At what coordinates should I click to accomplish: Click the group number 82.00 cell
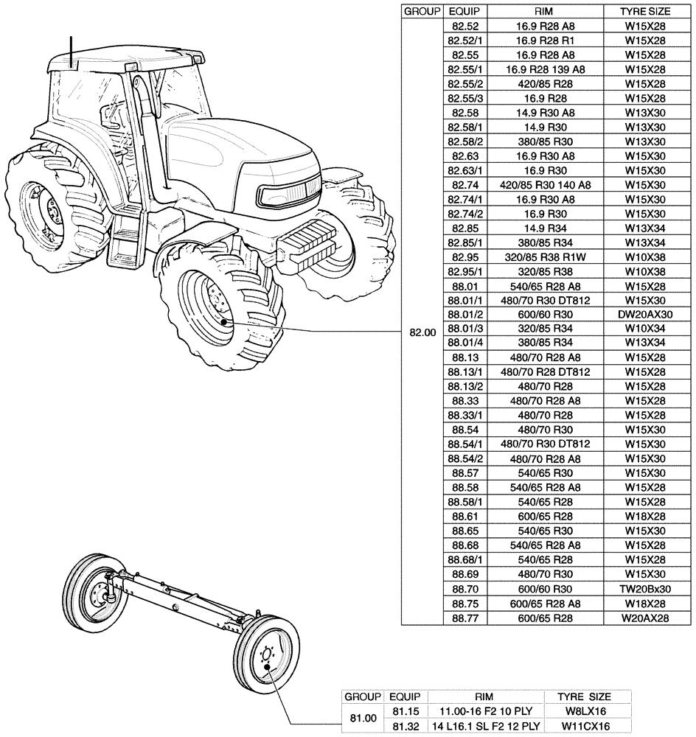pyautogui.click(x=422, y=332)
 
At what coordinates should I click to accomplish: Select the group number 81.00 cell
pyautogui.click(x=361, y=718)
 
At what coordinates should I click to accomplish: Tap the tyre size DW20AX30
pyautogui.click(x=645, y=315)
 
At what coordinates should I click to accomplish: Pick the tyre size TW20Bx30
pyautogui.click(x=645, y=589)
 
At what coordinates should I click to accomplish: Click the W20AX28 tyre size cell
pyautogui.click(x=645, y=618)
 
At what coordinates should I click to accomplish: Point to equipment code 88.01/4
pyautogui.click(x=464, y=343)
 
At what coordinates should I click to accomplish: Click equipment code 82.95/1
pyautogui.click(x=464, y=271)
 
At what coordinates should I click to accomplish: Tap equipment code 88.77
pyautogui.click(x=464, y=618)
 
